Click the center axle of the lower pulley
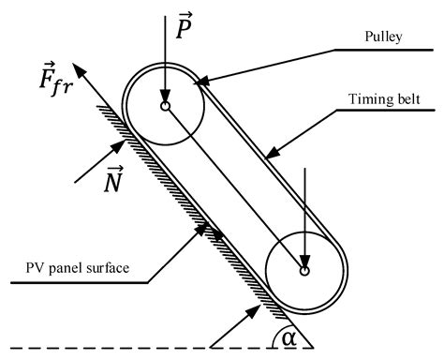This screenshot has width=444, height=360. pyautogui.click(x=304, y=272)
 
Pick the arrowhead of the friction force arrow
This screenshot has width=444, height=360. pyautogui.click(x=78, y=42)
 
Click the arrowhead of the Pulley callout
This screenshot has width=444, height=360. pyautogui.click(x=195, y=85)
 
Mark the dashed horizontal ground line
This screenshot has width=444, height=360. pyautogui.click(x=141, y=349)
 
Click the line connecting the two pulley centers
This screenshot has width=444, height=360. pyautogui.click(x=234, y=188)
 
